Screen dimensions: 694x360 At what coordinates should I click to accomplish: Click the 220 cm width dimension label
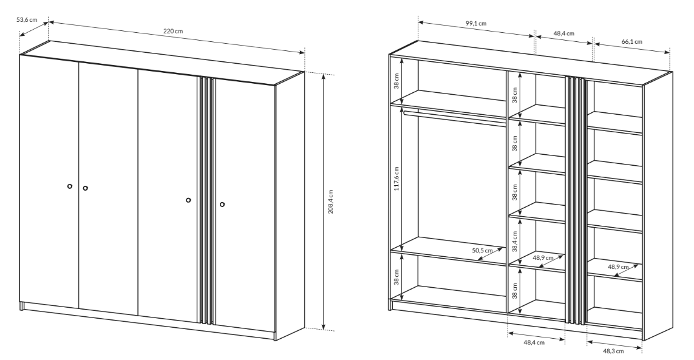[x=172, y=31]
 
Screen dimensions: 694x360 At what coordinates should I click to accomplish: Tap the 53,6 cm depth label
[x=27, y=19]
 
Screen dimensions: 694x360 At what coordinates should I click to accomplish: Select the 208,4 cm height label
[x=331, y=202]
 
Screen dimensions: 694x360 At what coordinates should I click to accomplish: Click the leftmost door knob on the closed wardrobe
[x=69, y=186]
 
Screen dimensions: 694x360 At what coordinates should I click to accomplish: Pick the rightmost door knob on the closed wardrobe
[x=222, y=204]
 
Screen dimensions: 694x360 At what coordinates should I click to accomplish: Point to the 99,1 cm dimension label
[x=476, y=23]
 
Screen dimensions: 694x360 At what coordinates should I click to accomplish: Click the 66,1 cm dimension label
[x=631, y=41]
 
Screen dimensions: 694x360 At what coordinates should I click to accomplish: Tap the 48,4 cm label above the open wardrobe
[x=563, y=33]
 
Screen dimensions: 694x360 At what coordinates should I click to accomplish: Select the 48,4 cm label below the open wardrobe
[x=534, y=342]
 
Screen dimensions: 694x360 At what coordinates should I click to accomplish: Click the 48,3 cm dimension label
[x=613, y=351]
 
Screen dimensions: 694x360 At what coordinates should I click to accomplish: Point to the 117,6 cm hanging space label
[x=396, y=178]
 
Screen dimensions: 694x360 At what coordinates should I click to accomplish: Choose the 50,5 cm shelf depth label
[x=482, y=250]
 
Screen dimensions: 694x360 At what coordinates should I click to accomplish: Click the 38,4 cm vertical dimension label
[x=515, y=242]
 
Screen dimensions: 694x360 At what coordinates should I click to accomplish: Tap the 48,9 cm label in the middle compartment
[x=543, y=258]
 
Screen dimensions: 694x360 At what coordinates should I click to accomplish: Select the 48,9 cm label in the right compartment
[x=618, y=267]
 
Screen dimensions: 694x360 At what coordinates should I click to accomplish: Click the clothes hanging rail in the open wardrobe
[x=455, y=118]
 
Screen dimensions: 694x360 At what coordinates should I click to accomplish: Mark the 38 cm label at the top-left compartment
[x=396, y=80]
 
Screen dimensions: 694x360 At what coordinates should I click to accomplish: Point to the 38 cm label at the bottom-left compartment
[x=396, y=277]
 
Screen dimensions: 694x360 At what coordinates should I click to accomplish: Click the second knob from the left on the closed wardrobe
[x=86, y=188]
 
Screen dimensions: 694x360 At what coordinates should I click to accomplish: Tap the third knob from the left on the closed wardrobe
[x=189, y=200]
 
